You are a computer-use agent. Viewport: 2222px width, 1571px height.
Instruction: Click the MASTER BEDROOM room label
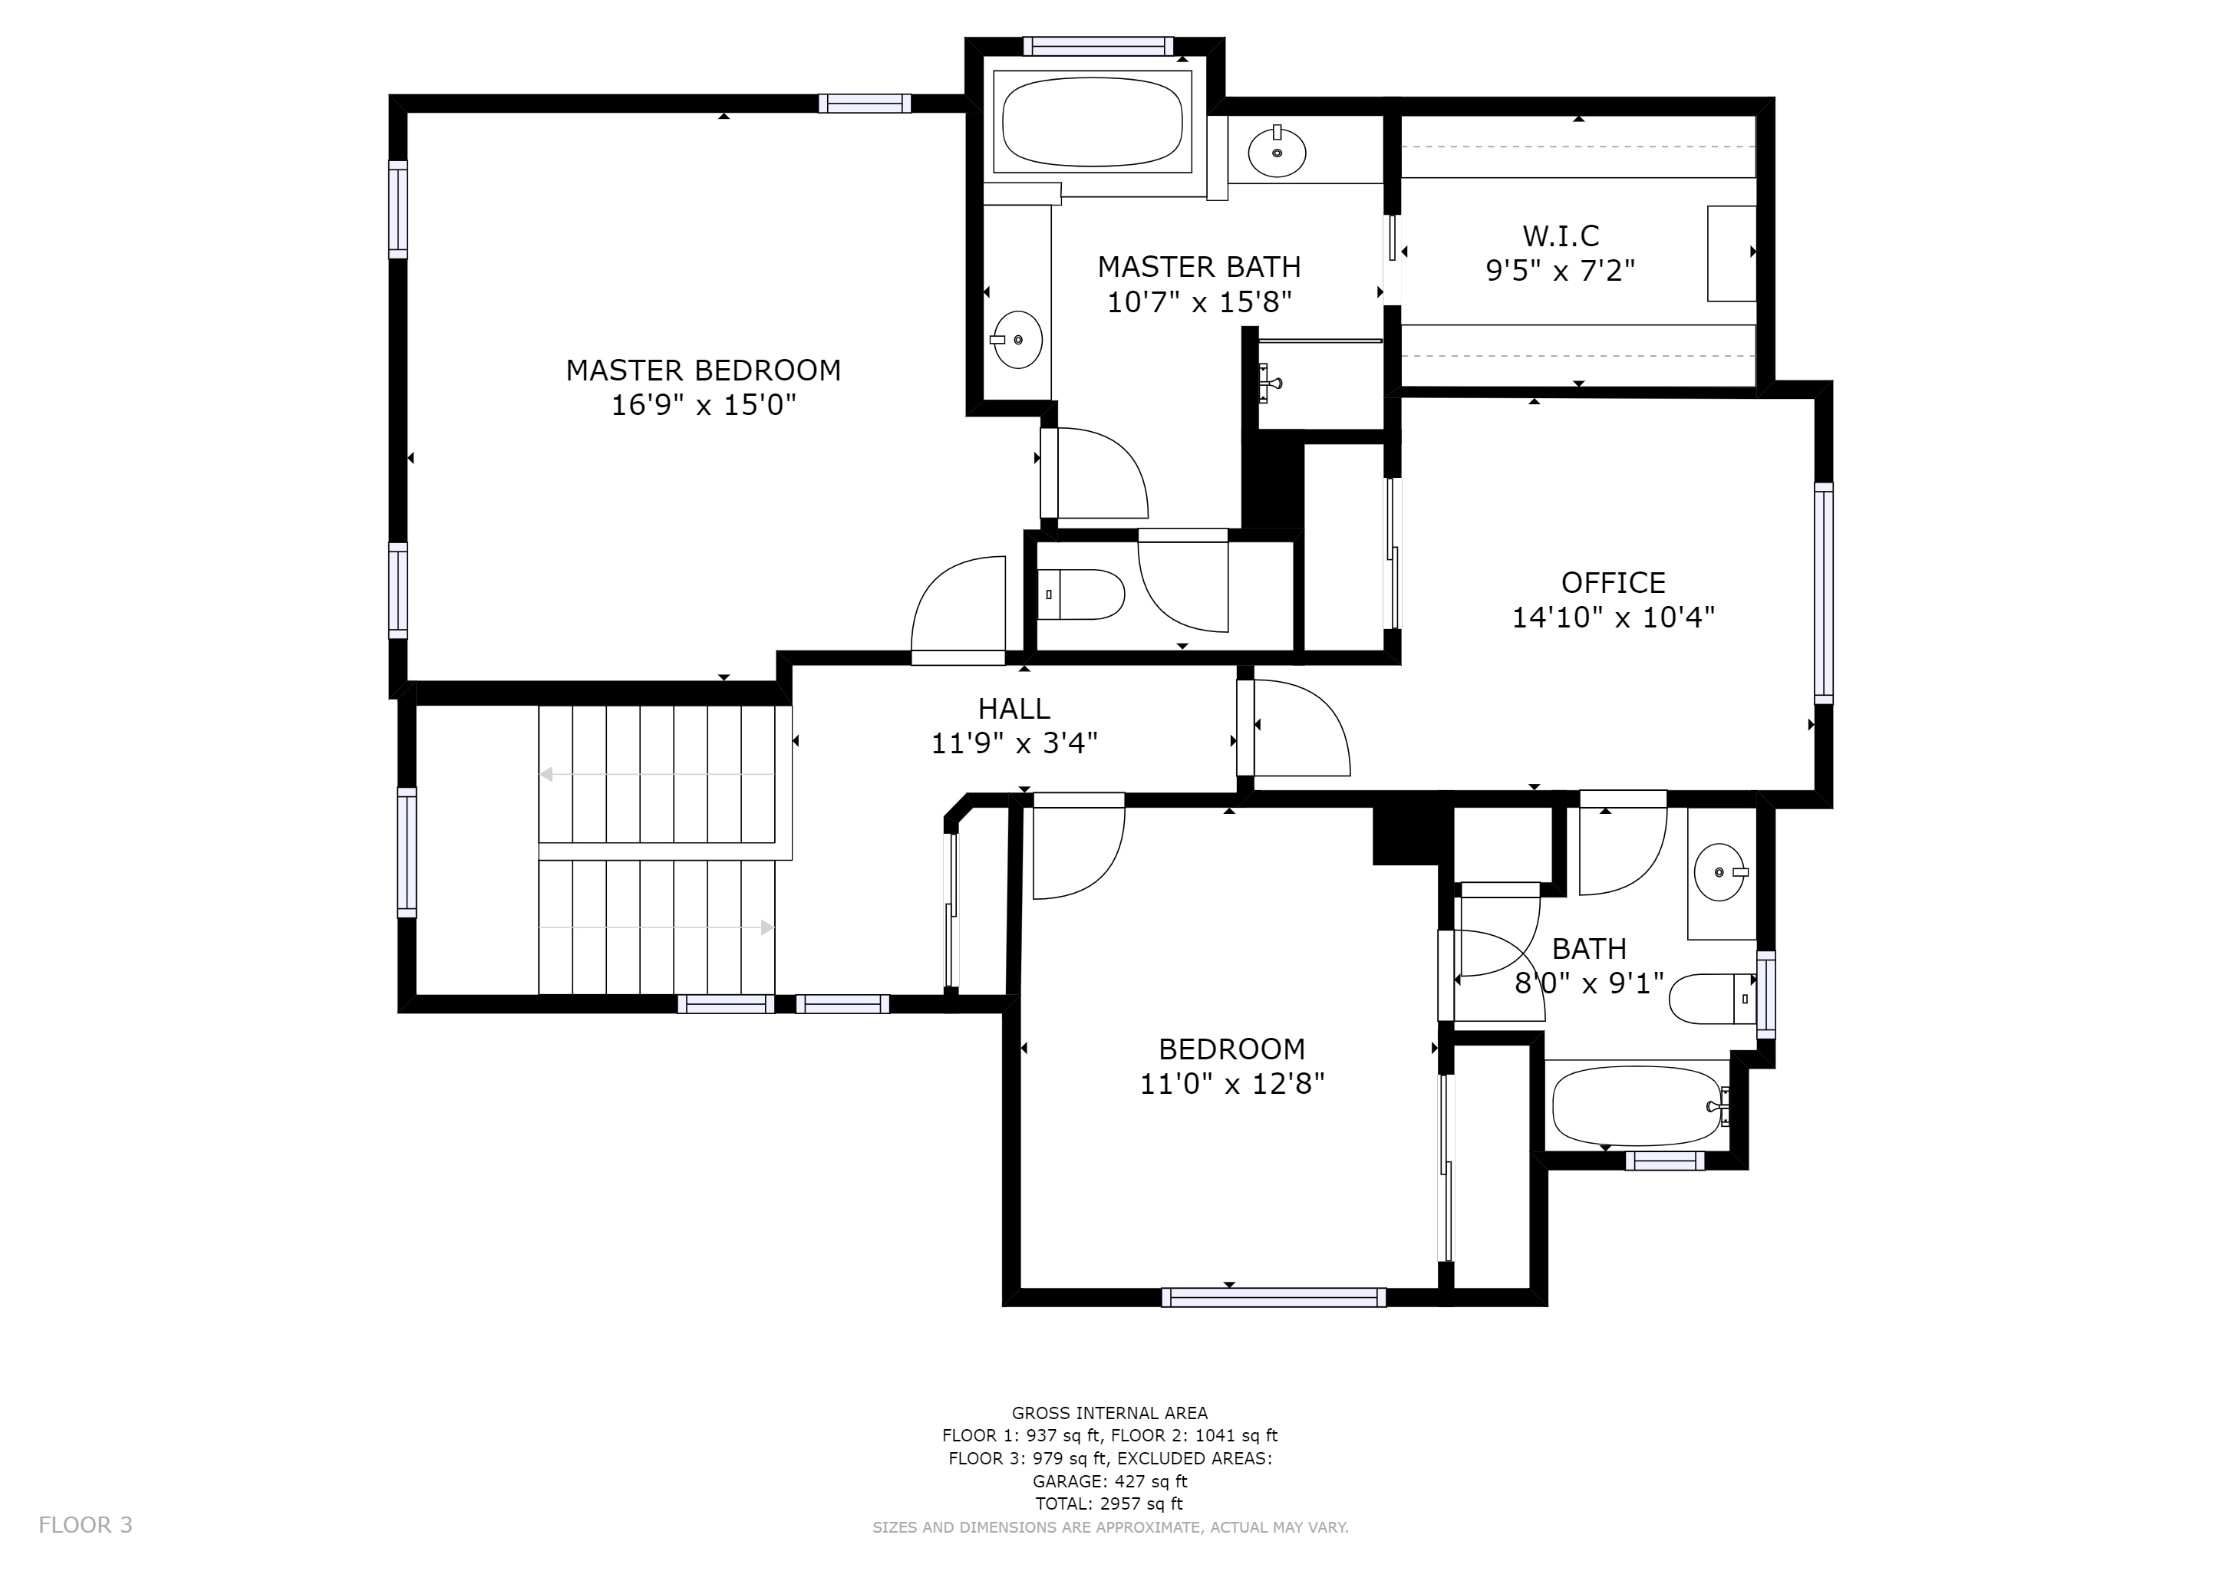(704, 370)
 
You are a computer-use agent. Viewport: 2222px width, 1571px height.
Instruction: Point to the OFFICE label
(1614, 582)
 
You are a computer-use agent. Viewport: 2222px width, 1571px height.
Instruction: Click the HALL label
(1014, 709)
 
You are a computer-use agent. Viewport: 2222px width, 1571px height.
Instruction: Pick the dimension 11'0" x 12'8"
(1232, 1083)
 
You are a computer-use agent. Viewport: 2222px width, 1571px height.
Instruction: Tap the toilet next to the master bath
(1082, 594)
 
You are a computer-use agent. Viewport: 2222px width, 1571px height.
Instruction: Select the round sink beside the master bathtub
(1277, 152)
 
